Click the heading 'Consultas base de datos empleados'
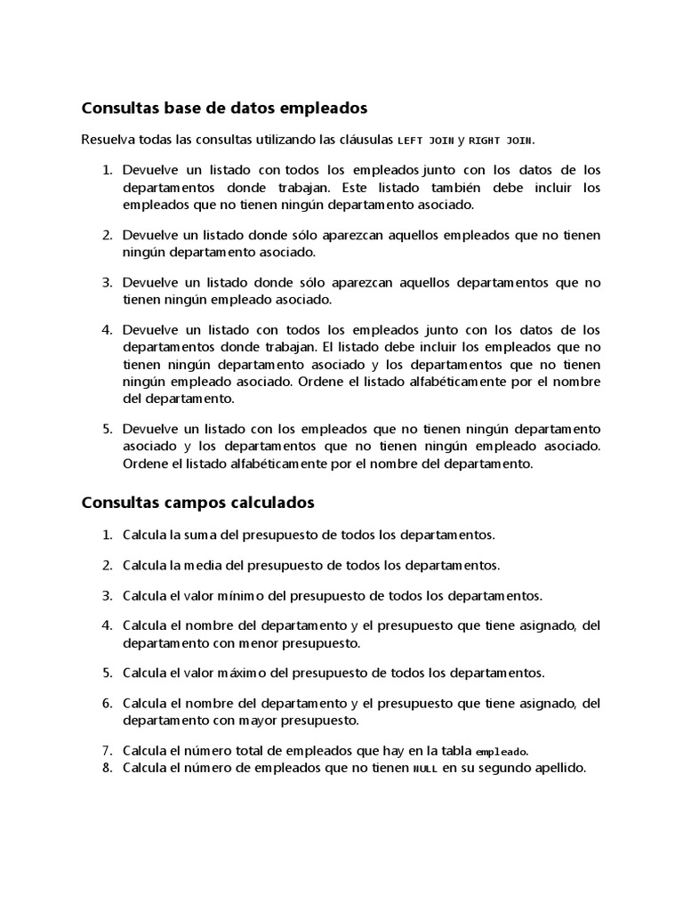(x=224, y=109)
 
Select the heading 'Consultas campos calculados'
(x=197, y=503)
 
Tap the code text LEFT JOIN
(x=425, y=141)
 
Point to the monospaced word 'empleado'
(x=502, y=751)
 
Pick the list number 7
(x=106, y=750)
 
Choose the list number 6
(x=106, y=703)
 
